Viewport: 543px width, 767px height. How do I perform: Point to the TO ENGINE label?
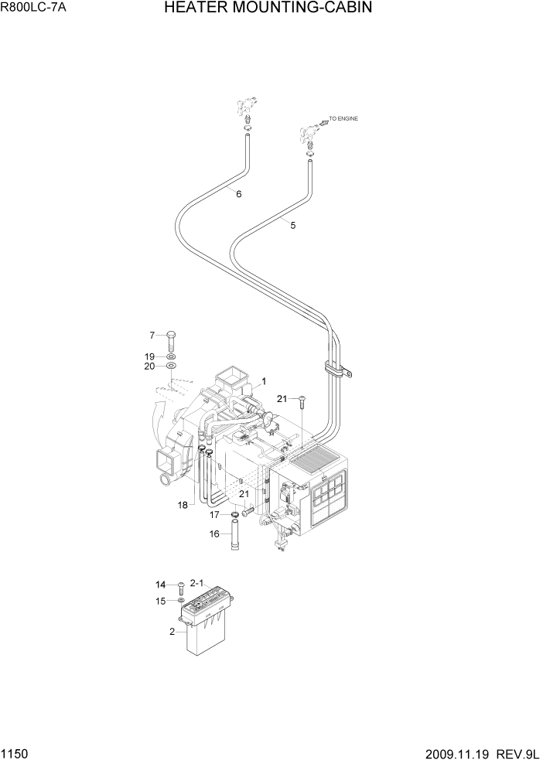point(344,118)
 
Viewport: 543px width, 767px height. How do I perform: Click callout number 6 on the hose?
point(238,194)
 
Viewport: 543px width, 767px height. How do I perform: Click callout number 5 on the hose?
point(292,225)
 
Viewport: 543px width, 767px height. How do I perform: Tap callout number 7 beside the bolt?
point(152,335)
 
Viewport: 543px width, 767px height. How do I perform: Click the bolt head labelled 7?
point(171,335)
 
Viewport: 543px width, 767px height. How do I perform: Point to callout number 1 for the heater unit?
point(264,381)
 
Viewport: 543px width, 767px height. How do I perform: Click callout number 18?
point(183,506)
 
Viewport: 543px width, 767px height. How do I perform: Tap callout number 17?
point(214,514)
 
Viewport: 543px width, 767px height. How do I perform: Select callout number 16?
point(214,533)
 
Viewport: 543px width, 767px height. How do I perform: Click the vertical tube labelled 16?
point(234,538)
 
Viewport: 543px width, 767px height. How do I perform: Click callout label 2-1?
point(196,583)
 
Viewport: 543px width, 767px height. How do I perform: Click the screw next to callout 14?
point(180,586)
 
